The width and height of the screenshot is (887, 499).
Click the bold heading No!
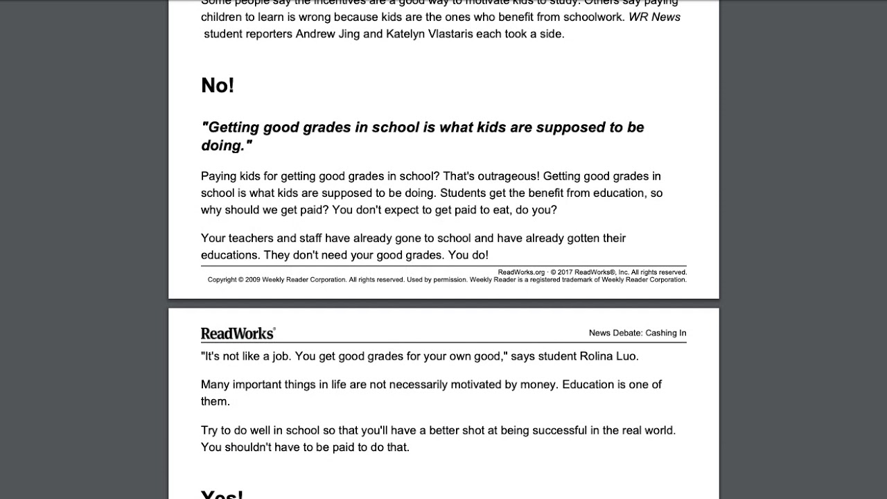tap(218, 85)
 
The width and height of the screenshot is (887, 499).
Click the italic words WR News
tap(654, 17)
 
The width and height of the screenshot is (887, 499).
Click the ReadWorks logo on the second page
tap(238, 333)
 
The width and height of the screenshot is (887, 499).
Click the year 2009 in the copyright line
tap(252, 280)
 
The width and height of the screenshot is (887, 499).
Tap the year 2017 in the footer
tap(565, 272)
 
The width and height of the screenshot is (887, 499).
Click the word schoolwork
tap(590, 17)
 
